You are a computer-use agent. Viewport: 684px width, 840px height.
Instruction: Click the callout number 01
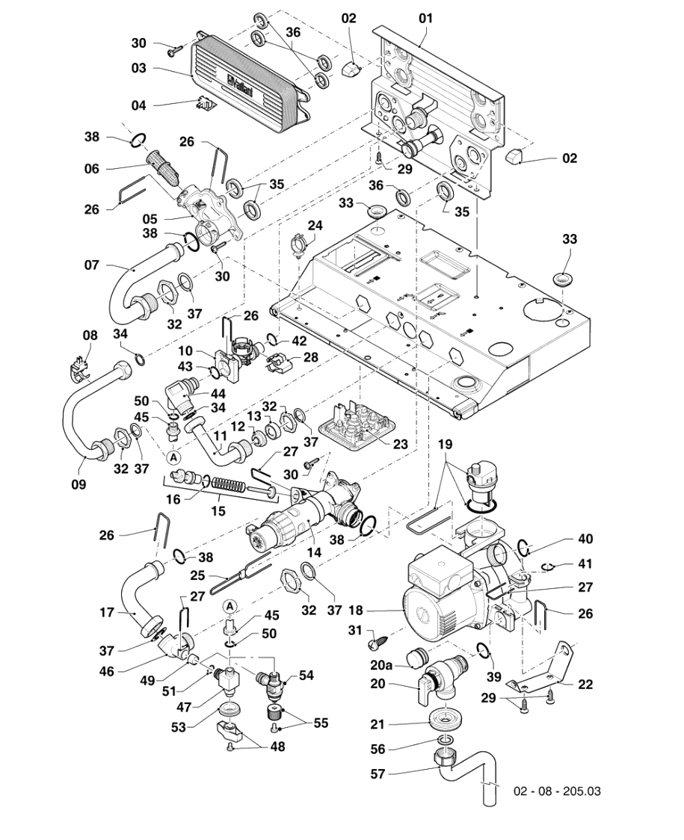[425, 17]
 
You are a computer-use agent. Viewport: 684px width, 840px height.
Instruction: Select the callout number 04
[138, 105]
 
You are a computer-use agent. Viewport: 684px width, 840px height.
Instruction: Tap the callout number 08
[90, 336]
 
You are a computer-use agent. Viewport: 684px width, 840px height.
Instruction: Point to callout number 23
[400, 443]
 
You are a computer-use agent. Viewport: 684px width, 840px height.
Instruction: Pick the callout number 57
[378, 774]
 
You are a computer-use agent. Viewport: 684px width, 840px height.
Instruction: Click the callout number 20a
[381, 664]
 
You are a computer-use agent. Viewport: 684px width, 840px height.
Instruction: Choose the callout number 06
[91, 169]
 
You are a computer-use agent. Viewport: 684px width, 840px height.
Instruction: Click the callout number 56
[378, 749]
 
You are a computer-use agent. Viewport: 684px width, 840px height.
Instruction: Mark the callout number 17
[106, 612]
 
